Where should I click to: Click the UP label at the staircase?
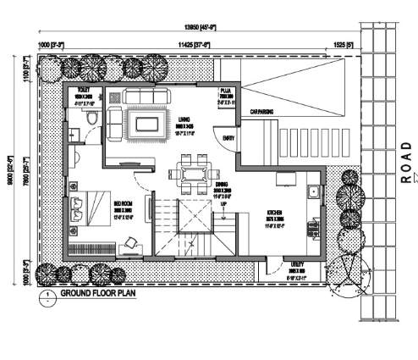[x=223, y=204]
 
